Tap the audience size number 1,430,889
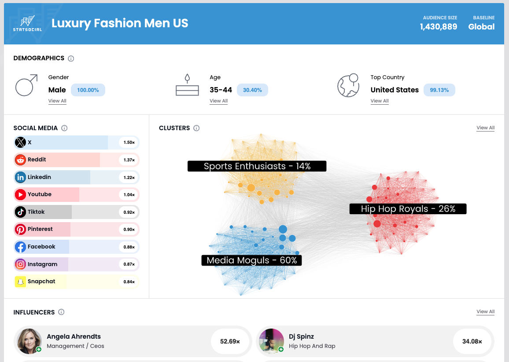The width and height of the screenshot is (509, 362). (x=438, y=27)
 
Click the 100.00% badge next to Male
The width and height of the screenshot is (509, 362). (x=88, y=90)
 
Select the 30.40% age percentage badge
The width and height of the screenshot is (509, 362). (x=252, y=90)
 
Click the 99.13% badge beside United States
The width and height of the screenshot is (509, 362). (x=439, y=90)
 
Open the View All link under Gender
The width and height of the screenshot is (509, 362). (x=57, y=101)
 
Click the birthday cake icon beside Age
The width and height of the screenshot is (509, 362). (x=188, y=85)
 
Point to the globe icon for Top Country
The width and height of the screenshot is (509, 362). (x=348, y=85)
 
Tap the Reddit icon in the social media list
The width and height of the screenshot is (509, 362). (x=21, y=160)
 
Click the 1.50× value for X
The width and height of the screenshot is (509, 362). (x=129, y=143)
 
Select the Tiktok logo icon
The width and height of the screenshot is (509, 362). (x=21, y=212)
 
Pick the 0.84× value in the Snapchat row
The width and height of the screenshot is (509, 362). (x=129, y=282)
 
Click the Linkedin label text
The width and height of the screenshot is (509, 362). (x=39, y=177)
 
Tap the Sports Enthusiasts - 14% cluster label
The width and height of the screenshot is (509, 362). (x=257, y=166)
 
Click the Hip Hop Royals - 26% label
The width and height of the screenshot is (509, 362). (x=408, y=209)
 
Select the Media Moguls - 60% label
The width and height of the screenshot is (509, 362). (x=251, y=260)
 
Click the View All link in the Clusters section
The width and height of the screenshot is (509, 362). (x=485, y=128)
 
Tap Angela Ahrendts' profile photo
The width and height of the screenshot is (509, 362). (x=30, y=341)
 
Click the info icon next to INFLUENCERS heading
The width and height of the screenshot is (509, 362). (x=61, y=312)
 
